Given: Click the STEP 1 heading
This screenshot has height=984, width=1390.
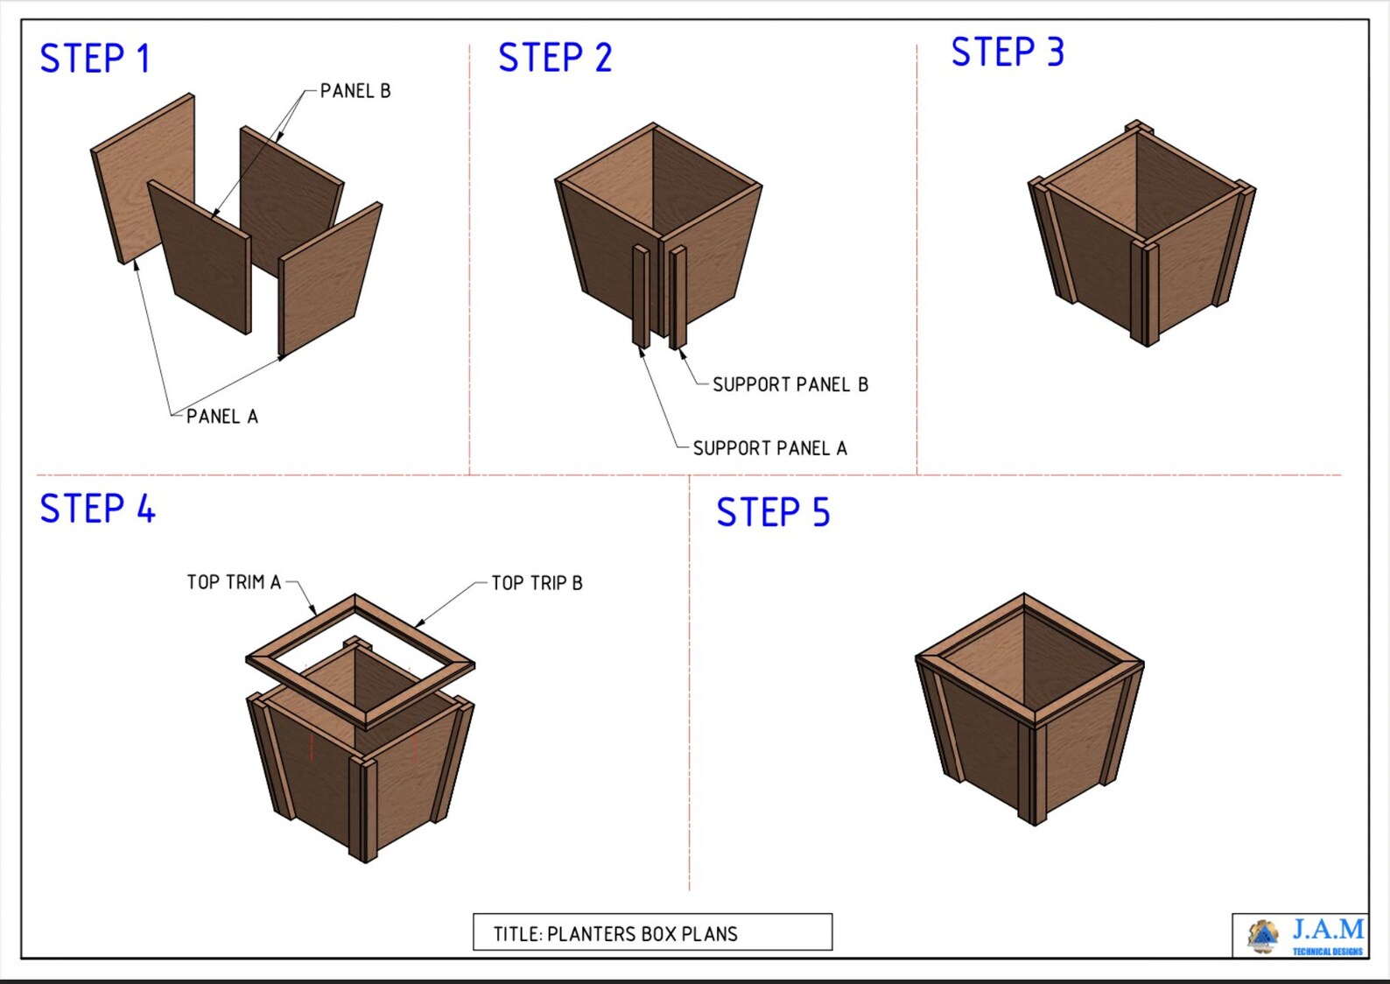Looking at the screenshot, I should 95,59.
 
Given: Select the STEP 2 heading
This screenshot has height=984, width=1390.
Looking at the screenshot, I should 555,58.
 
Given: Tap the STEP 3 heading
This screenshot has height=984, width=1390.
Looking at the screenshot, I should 1007,53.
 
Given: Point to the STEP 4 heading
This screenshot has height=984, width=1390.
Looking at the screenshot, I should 97,509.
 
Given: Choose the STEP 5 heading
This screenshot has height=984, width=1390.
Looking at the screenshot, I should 773,513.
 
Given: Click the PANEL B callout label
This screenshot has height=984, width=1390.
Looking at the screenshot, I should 355,91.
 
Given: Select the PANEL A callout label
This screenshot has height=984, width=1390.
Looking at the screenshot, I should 222,417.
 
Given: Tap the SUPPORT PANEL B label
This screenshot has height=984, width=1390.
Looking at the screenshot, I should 790,384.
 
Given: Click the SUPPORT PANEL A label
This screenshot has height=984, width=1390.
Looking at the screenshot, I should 769,448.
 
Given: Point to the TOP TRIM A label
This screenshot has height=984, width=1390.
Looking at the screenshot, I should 234,582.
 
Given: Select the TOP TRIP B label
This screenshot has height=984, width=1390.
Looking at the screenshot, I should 537,583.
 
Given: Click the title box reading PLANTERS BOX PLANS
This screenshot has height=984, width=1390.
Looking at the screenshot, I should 652,932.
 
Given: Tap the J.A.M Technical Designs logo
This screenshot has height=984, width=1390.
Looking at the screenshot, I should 1302,936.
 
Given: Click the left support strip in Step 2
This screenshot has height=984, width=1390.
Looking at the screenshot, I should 641,296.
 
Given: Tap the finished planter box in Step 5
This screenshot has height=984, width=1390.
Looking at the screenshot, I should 1030,709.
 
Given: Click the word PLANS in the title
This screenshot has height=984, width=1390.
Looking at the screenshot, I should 709,934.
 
